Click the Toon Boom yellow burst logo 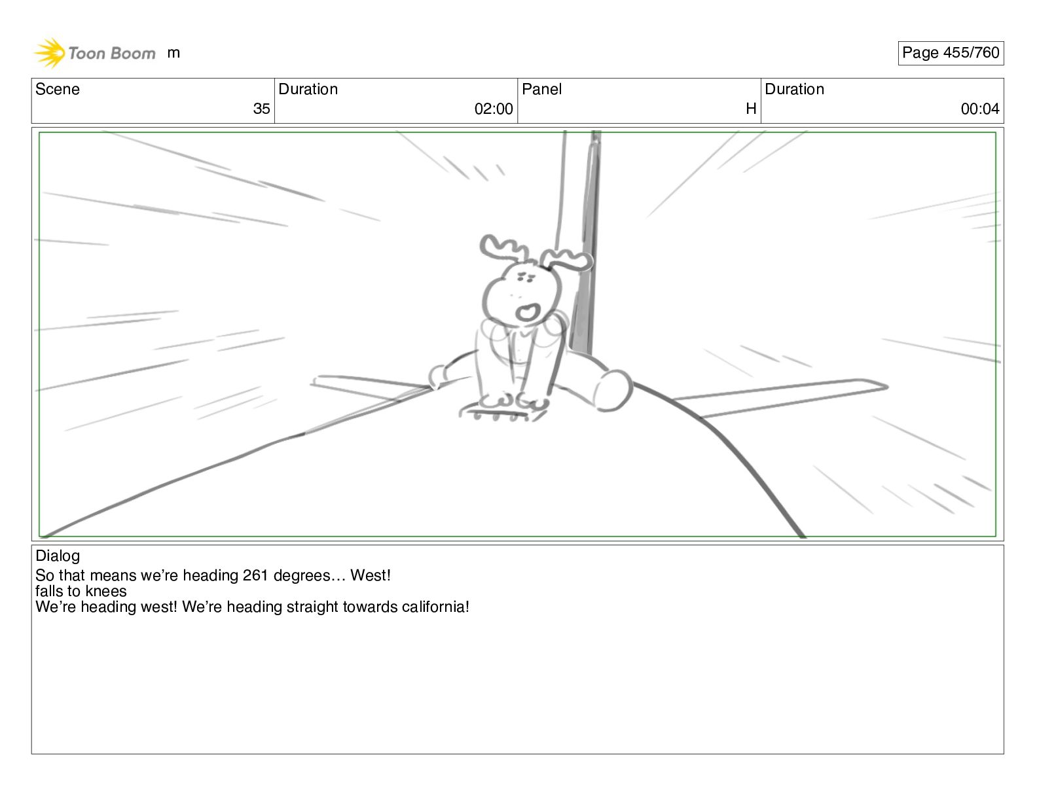49,53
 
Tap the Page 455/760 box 950,53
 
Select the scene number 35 261,109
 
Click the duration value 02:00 494,109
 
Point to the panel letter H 751,109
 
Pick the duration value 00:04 980,109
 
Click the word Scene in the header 57,89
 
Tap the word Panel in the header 541,89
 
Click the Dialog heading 57,556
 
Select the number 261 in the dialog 255,575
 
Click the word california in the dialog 433,607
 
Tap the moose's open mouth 528,312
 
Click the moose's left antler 501,247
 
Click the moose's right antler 567,260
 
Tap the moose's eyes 526,277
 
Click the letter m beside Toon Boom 173,53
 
